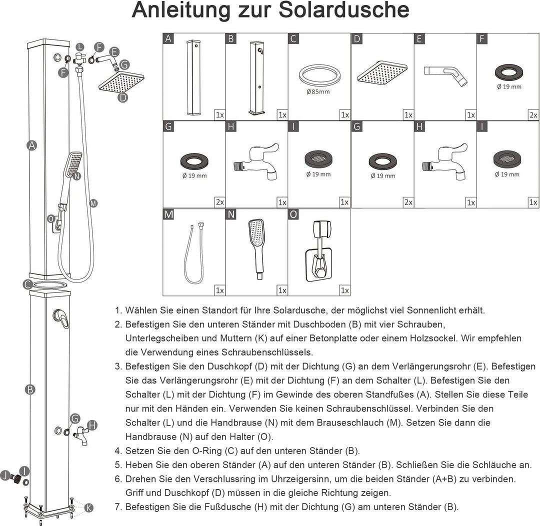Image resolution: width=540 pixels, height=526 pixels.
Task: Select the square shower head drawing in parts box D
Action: click(x=382, y=73)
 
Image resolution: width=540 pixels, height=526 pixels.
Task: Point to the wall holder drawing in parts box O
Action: click(x=319, y=250)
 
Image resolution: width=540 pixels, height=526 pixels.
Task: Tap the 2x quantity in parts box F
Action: click(x=533, y=115)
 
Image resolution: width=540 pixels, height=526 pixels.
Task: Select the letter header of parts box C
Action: click(x=294, y=39)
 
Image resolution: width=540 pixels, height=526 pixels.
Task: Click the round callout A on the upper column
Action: click(x=32, y=145)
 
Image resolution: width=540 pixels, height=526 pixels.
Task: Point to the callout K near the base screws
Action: click(x=88, y=507)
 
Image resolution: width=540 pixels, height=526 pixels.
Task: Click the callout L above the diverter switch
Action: click(x=79, y=46)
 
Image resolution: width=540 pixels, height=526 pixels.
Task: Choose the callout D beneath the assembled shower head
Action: click(x=122, y=97)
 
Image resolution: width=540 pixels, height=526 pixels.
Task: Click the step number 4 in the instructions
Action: click(x=118, y=450)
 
